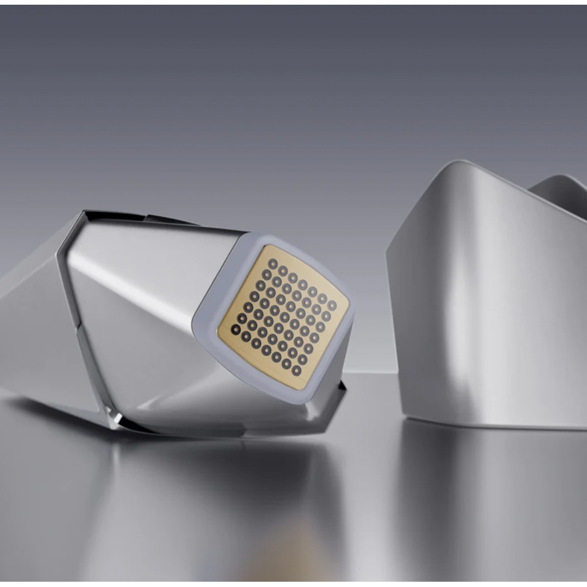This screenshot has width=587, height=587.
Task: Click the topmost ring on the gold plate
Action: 272,262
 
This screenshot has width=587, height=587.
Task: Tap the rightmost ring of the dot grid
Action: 332,305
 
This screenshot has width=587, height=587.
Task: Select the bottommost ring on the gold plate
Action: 296,371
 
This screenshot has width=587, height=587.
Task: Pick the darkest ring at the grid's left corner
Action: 235,329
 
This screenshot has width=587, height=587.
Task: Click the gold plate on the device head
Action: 283,317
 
